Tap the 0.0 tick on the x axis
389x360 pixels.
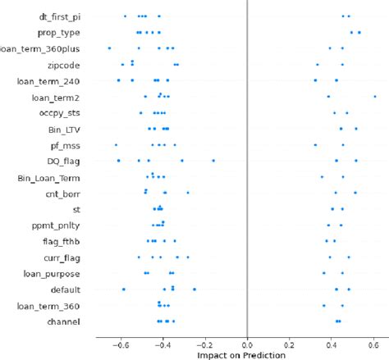click(x=247, y=344)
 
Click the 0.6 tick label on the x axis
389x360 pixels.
click(x=373, y=344)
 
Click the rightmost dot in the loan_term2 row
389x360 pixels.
click(x=375, y=97)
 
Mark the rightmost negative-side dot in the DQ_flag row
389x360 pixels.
click(x=213, y=161)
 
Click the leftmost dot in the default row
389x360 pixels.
click(x=124, y=289)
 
